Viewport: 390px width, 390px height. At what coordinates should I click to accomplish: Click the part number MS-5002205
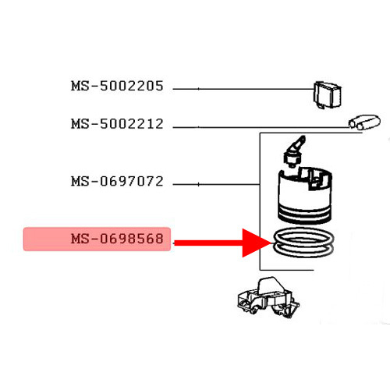tap(117, 86)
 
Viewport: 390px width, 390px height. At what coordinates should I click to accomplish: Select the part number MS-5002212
tap(117, 124)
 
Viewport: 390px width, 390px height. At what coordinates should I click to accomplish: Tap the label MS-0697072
tap(117, 181)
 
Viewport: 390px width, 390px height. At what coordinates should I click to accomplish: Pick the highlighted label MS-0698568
tap(117, 239)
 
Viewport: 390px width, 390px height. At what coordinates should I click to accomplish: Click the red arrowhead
tap(256, 243)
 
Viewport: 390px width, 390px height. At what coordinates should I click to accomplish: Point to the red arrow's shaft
tap(208, 243)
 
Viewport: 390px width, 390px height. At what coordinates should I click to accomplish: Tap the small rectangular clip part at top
tap(327, 95)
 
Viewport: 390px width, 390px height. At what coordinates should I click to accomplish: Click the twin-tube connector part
tap(364, 122)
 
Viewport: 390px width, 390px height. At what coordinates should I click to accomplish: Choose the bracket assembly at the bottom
tap(268, 298)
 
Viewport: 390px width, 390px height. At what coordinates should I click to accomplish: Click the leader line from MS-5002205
tap(243, 89)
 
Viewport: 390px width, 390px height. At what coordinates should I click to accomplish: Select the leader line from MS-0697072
tap(216, 184)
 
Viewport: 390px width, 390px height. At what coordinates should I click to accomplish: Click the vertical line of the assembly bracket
tap(260, 201)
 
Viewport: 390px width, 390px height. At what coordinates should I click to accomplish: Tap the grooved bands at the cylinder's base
tap(305, 214)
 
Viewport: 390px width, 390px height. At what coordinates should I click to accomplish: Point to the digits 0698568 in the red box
tap(132, 239)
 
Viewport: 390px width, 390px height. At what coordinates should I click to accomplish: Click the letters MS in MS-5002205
tap(80, 86)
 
